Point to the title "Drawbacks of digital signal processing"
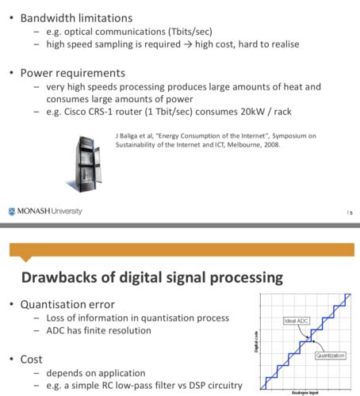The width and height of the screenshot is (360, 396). click(x=146, y=277)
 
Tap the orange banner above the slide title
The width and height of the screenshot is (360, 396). click(x=180, y=253)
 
